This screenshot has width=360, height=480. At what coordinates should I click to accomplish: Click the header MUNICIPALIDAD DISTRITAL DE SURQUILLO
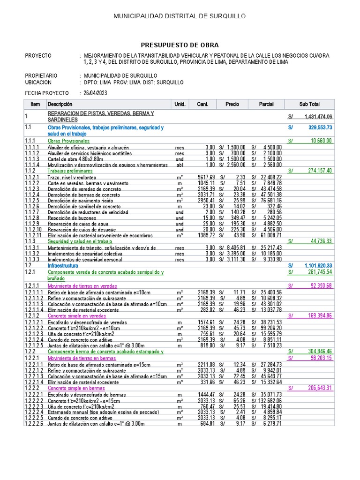[180, 17]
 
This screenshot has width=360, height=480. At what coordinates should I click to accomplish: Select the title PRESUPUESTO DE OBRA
[180, 45]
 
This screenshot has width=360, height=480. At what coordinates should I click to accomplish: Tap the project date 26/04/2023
[95, 93]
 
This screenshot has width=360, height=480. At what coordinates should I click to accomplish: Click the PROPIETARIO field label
[41, 75]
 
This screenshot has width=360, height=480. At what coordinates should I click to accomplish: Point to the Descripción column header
[60, 104]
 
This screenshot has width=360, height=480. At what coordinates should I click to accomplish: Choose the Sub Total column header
[309, 104]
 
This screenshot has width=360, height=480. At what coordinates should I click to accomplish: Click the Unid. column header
[180, 104]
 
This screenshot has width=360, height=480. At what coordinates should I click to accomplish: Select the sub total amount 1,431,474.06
[318, 117]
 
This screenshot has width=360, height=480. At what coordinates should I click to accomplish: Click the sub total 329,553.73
[320, 127]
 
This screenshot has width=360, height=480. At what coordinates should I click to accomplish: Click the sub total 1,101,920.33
[318, 265]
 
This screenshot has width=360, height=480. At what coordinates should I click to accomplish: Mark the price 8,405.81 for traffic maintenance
[235, 247]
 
